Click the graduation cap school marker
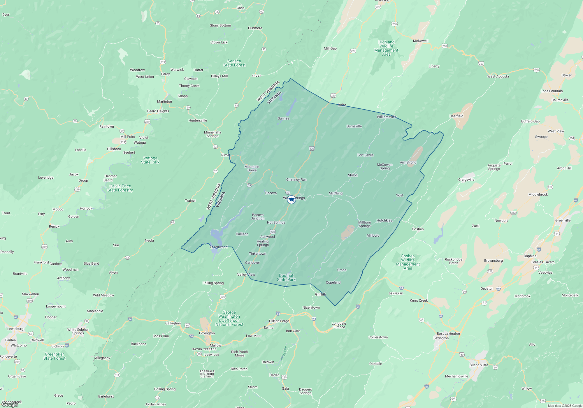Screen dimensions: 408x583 pos(291,200)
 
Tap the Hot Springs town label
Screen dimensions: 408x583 pos(276,222)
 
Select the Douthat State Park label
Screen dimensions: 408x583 pos(286,277)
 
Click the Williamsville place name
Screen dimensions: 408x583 pos(387,117)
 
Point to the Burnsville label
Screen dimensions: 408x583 pos(354,126)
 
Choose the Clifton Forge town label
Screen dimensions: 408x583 pos(279,321)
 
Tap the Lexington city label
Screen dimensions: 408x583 pos(441,338)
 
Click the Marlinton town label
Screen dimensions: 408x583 pos(164,101)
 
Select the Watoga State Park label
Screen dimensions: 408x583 pos(150,160)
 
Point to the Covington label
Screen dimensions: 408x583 pos(207,333)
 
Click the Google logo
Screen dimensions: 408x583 pos(10,404)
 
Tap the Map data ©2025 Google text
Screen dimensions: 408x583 pos(565,406)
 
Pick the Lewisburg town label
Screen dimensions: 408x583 pos(15,329)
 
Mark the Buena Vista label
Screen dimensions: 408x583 pos(479,365)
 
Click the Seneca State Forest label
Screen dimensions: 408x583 pos(234,63)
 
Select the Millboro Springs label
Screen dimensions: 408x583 pos(364,224)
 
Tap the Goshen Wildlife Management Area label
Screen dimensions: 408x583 pos(408,262)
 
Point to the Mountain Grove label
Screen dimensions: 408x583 pos(252,168)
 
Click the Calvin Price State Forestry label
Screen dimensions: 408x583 pos(120,188)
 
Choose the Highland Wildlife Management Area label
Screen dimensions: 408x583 pos(386,48)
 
